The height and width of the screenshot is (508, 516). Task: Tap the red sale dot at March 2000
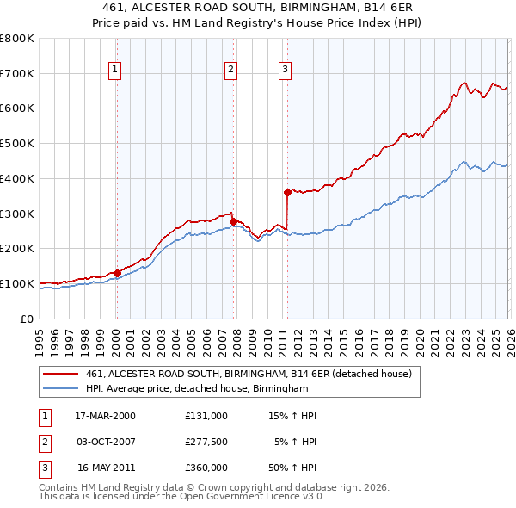point(117,273)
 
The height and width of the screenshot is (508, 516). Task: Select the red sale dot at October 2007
point(233,221)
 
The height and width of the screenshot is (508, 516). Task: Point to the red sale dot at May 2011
point(287,192)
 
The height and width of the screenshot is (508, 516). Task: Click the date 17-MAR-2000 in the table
point(105,416)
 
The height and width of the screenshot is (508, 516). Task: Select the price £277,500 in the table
point(206,443)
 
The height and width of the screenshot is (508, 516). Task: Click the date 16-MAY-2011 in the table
point(105,469)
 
